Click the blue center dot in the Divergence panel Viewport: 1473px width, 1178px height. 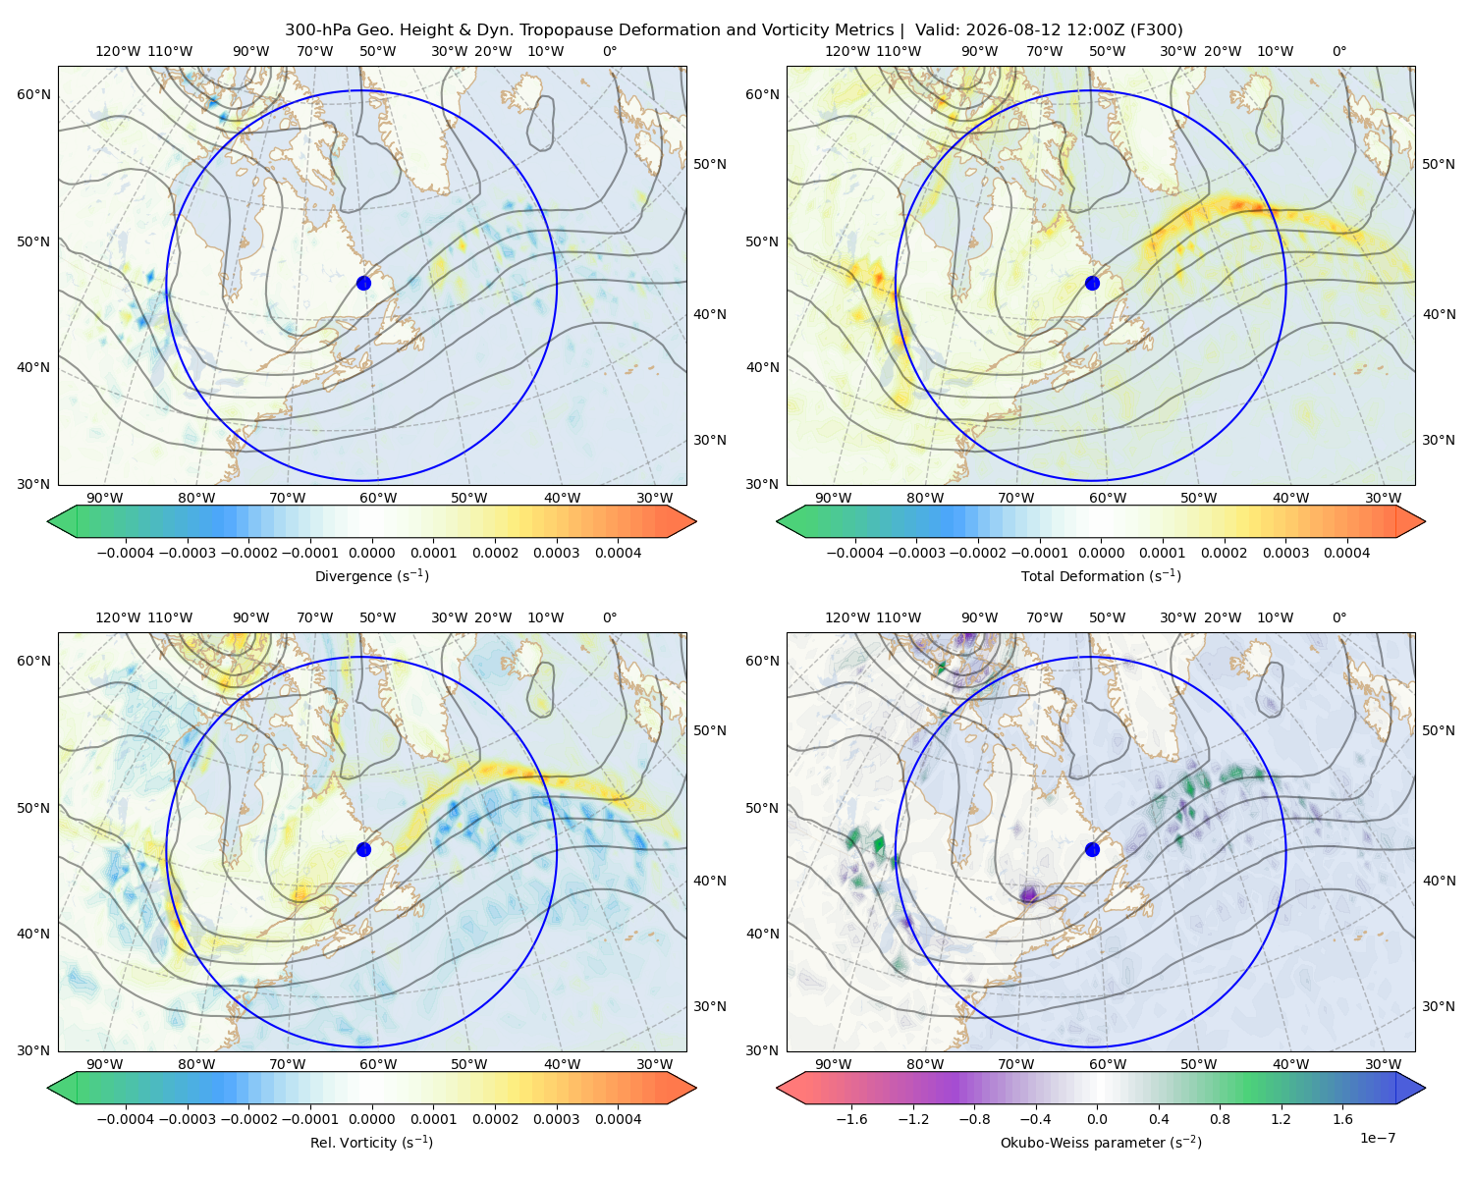coord(363,283)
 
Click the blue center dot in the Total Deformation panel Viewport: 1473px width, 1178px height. coord(1092,283)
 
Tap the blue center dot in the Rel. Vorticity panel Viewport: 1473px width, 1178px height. coord(363,849)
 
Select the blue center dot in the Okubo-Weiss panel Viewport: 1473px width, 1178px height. coord(1092,849)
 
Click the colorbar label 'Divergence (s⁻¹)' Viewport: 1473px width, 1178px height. coord(371,575)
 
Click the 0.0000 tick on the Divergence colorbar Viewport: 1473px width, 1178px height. coord(371,553)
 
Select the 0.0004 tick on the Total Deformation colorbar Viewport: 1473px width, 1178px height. coord(1346,553)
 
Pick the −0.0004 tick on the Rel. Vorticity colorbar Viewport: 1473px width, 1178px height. coord(126,1119)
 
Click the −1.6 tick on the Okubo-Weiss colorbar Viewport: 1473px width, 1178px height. coord(851,1119)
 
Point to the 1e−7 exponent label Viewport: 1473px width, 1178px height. coord(1377,1138)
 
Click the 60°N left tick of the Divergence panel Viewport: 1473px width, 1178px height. coord(33,94)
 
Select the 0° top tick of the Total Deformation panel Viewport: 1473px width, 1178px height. coord(1339,51)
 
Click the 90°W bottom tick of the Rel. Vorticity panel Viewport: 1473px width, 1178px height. coord(105,1064)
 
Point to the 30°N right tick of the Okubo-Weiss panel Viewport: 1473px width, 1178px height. coord(1439,1006)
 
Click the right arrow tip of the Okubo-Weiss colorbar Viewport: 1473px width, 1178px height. coord(1425,1088)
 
